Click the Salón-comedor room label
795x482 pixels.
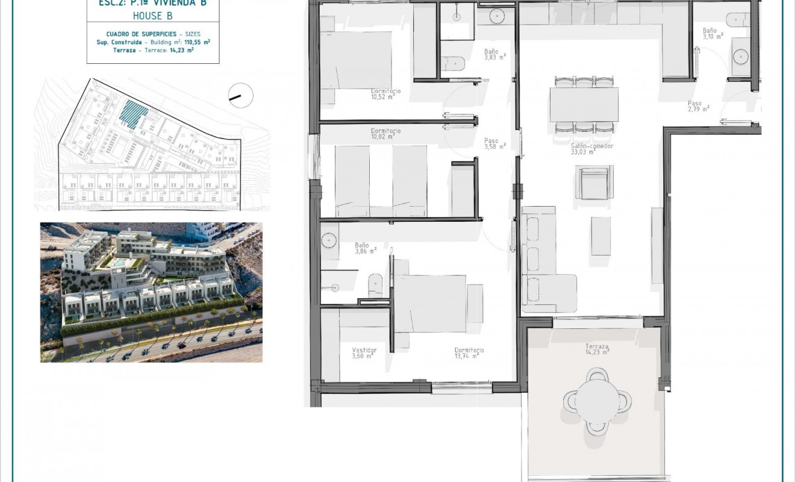[583, 149]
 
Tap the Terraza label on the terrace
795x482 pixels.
[597, 350]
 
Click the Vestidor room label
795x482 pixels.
[364, 353]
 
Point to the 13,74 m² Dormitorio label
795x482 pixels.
[469, 353]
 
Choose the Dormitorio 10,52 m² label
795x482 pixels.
[386, 93]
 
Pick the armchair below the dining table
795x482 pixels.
[594, 183]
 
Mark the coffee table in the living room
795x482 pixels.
[600, 236]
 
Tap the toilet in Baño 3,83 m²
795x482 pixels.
[453, 63]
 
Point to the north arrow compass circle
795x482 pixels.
[241, 95]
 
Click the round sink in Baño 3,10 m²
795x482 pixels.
[740, 57]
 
